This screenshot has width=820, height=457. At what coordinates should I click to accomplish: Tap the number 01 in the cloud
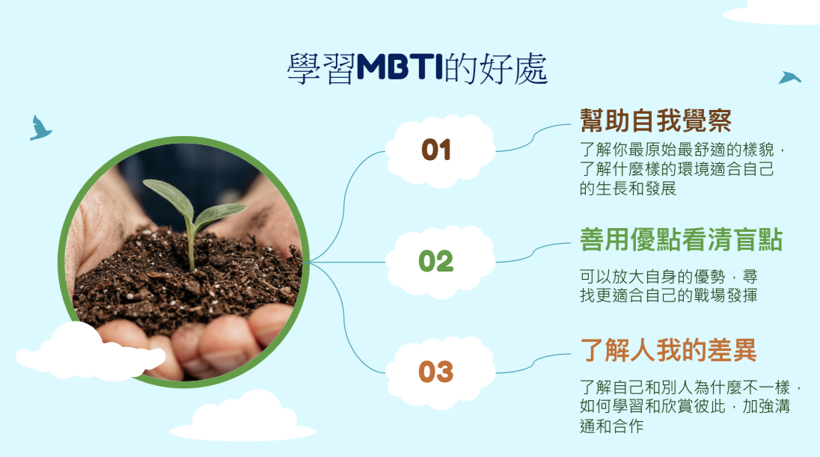click(436, 150)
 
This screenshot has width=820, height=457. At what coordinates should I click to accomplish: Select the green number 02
click(436, 261)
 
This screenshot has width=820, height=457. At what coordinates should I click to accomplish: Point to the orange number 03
click(436, 372)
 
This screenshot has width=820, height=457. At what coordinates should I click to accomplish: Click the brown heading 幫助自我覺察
click(656, 120)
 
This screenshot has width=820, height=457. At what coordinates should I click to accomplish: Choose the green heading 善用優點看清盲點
click(681, 240)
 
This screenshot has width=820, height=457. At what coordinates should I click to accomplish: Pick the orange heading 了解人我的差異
click(668, 350)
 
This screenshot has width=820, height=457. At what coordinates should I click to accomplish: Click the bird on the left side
click(40, 128)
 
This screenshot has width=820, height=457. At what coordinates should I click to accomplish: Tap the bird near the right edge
click(789, 77)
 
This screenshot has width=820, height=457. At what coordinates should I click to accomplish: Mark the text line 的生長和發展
click(628, 188)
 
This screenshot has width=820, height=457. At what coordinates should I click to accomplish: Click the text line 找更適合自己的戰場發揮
click(668, 295)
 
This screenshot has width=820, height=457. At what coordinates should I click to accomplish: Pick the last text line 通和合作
click(611, 426)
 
